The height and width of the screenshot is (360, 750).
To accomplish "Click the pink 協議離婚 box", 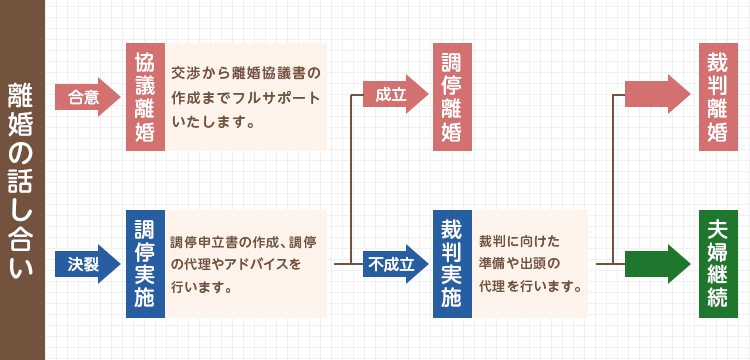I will pyautogui.click(x=144, y=97).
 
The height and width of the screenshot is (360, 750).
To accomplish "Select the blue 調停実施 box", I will pyautogui.click(x=144, y=264).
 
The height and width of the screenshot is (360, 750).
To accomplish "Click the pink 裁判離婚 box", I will pyautogui.click(x=717, y=97).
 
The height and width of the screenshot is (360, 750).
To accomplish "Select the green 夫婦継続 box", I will pyautogui.click(x=717, y=264).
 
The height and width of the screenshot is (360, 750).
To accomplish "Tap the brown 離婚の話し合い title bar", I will pyautogui.click(x=22, y=180).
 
